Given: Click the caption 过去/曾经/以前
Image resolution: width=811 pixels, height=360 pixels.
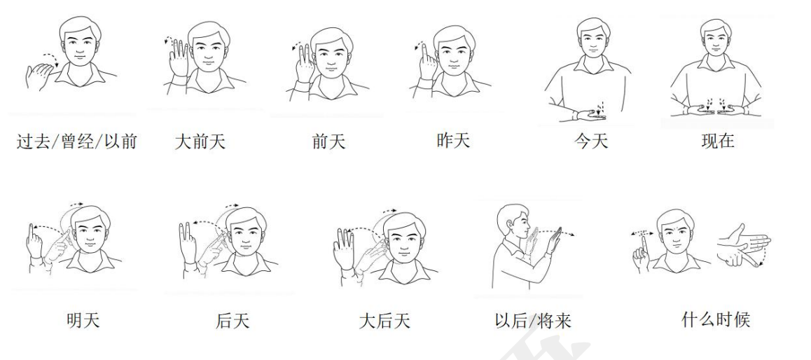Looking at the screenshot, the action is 76,141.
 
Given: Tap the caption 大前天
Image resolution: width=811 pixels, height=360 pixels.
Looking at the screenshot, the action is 200,141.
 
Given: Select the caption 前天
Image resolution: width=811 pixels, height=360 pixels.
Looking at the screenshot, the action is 328,141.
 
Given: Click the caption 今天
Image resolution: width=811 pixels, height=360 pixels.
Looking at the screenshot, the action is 590,141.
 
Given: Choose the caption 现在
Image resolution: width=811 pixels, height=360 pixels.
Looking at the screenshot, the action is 718,141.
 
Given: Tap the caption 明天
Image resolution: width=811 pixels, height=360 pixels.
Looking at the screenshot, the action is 83,320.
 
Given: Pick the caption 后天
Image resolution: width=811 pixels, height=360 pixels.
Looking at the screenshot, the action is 233,321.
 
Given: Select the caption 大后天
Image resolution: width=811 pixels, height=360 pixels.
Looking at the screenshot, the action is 384,321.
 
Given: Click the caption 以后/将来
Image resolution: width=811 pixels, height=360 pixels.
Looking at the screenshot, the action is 533,321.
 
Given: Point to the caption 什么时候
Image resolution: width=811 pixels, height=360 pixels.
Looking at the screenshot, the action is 715,319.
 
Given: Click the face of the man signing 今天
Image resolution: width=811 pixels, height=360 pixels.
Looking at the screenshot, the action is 593,39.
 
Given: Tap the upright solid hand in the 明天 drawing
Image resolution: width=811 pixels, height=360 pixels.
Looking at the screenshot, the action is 34,243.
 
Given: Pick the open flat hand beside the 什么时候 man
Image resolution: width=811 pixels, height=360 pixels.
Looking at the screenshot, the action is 744,246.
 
